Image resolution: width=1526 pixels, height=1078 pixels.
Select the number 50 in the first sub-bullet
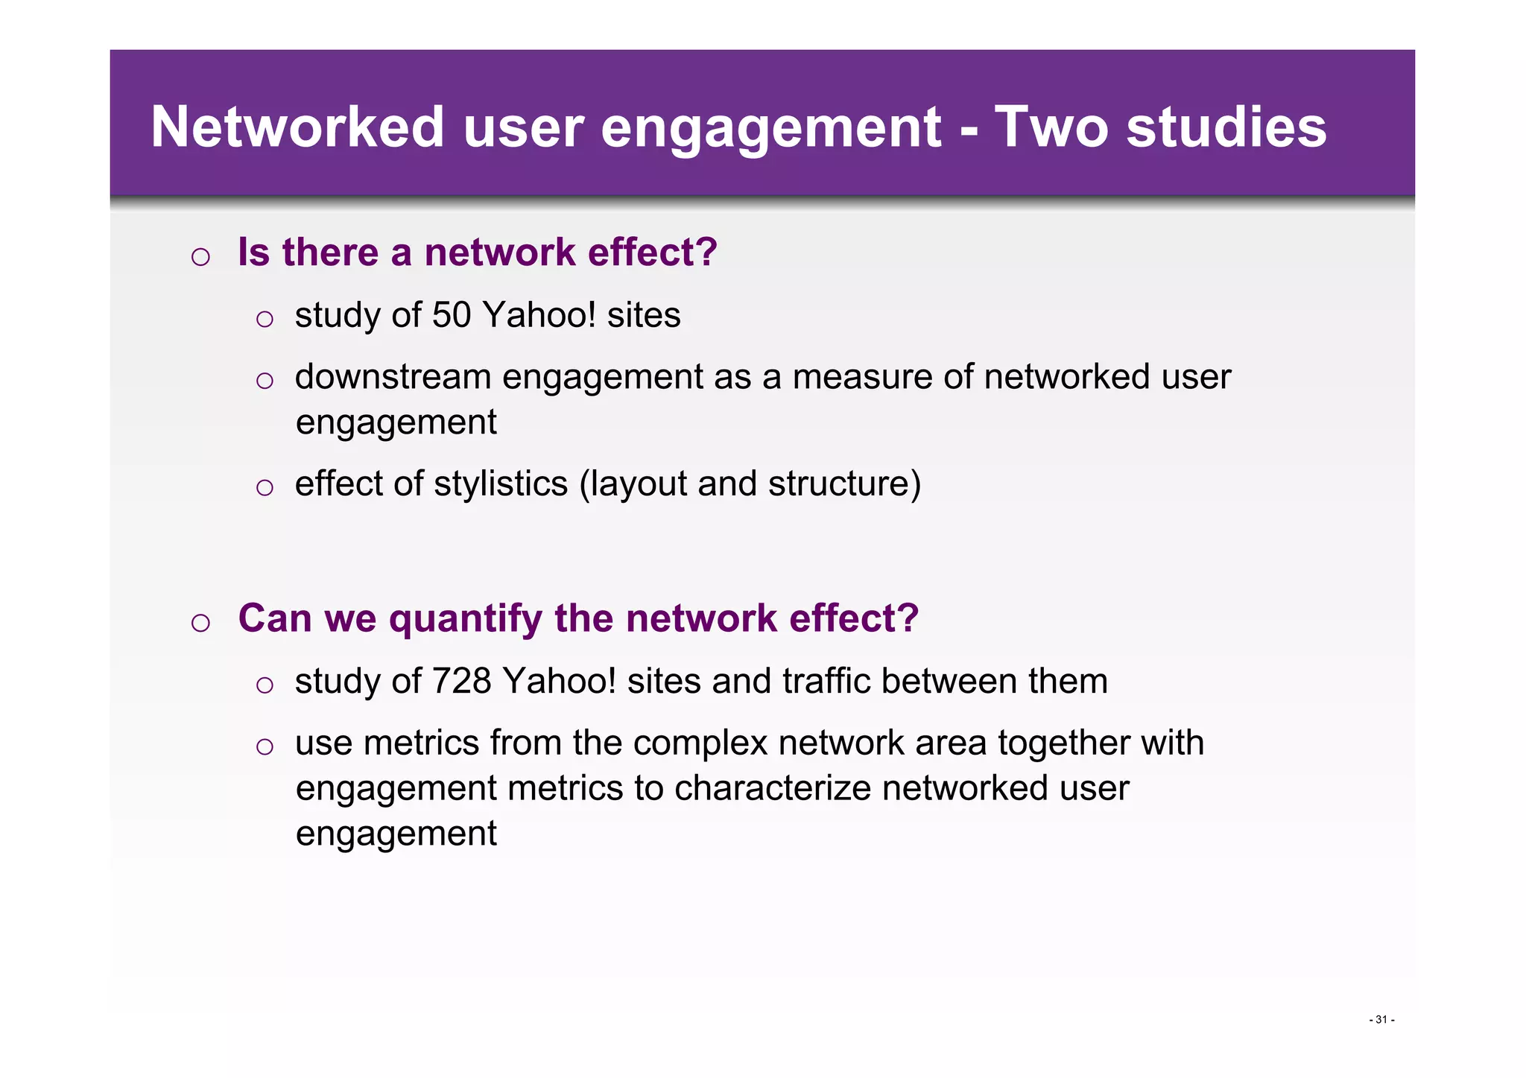(x=452, y=315)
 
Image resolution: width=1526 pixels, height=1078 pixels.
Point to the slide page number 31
(x=1381, y=1019)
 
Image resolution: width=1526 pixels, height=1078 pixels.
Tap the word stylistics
(x=501, y=483)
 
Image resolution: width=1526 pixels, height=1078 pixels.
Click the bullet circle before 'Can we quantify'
(x=200, y=623)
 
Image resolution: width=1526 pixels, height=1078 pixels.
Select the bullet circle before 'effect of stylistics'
(x=265, y=488)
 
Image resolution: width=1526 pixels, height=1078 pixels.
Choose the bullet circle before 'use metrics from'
(x=265, y=746)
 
